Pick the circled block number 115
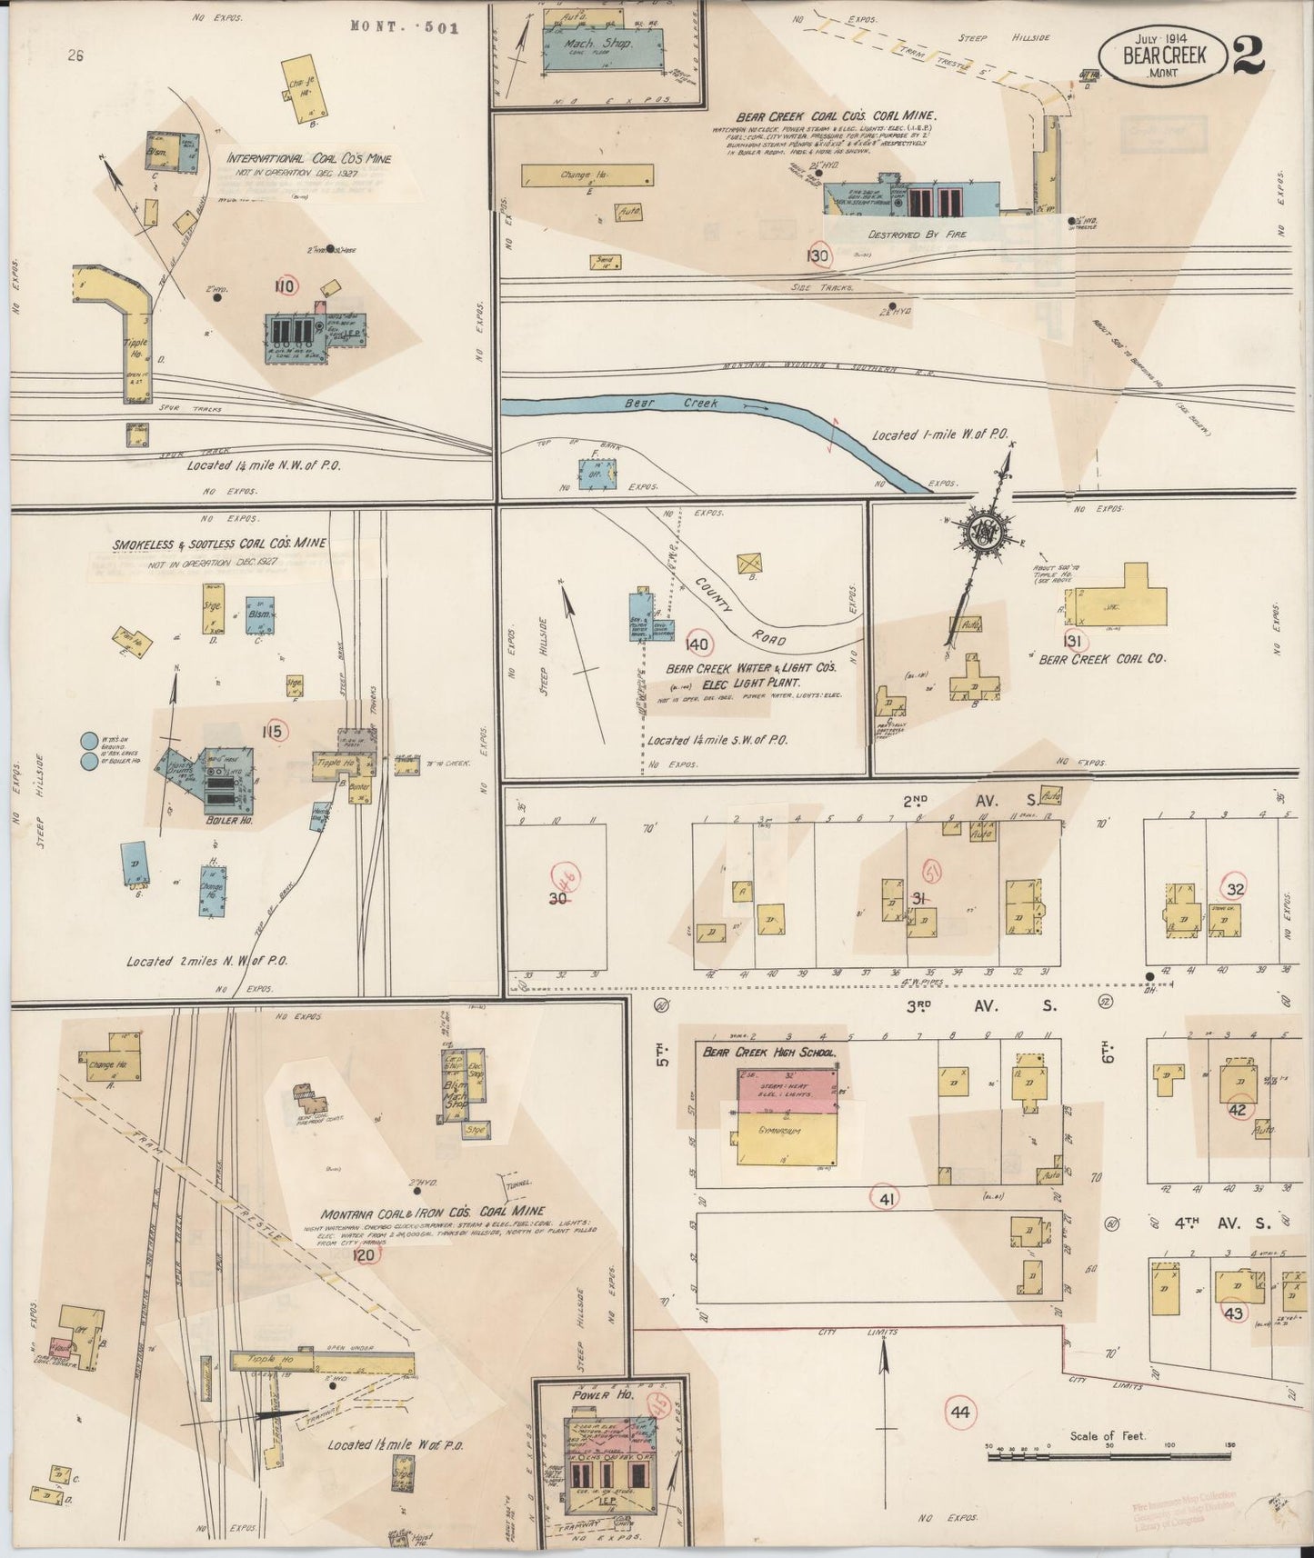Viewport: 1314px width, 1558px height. tap(274, 730)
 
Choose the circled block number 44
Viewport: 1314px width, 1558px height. tap(958, 1437)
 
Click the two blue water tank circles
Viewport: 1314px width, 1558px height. tap(89, 752)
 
